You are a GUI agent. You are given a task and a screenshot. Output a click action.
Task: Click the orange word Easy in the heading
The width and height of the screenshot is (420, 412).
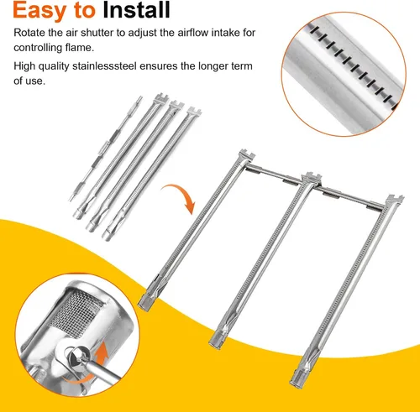pyautogui.click(x=39, y=11)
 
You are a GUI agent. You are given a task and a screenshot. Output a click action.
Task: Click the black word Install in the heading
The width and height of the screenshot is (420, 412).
pyautogui.click(x=136, y=10)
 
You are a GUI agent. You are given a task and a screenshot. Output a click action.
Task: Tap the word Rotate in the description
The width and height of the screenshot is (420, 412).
pyautogui.click(x=29, y=33)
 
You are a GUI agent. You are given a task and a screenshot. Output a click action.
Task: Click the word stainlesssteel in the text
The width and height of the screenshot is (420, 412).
pyautogui.click(x=104, y=66)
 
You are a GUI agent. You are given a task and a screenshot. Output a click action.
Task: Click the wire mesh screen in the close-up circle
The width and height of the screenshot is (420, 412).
pyautogui.click(x=74, y=312)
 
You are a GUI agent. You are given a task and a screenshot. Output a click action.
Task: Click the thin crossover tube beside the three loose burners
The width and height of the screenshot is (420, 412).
pyautogui.click(x=106, y=149)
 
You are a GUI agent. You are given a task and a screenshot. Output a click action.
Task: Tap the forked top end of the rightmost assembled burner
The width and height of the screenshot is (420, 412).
pyautogui.click(x=395, y=201)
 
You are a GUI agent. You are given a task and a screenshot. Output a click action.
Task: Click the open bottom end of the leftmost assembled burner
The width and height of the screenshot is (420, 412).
pyautogui.click(x=145, y=303)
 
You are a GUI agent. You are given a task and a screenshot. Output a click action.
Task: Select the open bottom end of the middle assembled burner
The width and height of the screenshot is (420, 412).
pyautogui.click(x=216, y=340)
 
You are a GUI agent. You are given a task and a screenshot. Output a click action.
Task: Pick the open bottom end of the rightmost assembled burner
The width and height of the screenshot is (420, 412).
pyautogui.click(x=297, y=378)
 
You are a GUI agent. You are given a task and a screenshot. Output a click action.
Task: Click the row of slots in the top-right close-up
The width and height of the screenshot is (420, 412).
pyautogui.click(x=354, y=65)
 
